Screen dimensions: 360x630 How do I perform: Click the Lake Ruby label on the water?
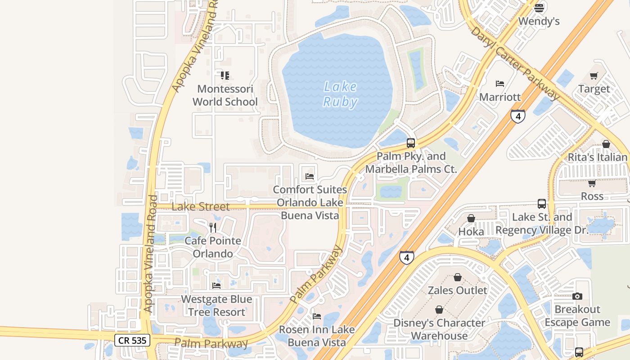[x=340, y=94]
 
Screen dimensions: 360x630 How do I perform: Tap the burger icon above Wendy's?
[x=539, y=8]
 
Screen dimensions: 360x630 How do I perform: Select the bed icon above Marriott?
[x=499, y=83]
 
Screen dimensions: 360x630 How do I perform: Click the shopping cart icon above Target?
[x=594, y=76]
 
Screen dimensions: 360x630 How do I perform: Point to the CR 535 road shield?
[x=132, y=340]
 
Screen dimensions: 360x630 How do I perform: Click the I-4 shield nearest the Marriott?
[x=518, y=116]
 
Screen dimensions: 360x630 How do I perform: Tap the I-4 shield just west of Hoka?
[x=406, y=257]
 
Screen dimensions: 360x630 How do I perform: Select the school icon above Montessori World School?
[x=225, y=75]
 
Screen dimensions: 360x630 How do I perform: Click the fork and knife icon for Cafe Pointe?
[x=213, y=227]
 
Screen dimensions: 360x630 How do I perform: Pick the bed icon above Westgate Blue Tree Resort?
[x=216, y=286]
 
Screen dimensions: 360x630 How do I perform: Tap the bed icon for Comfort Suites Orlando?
[x=310, y=176]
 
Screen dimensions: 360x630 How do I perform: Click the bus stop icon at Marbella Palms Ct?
[x=410, y=143]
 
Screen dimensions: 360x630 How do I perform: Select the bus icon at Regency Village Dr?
[x=542, y=203]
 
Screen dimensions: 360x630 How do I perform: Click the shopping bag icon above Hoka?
[x=471, y=218]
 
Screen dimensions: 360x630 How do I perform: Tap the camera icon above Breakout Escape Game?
[x=577, y=296]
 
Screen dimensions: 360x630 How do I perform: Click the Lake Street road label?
[x=201, y=207]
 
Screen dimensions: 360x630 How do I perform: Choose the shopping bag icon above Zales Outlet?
[x=458, y=277]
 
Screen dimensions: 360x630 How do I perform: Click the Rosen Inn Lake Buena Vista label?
[x=317, y=336]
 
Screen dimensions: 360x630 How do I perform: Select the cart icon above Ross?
[x=592, y=183]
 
